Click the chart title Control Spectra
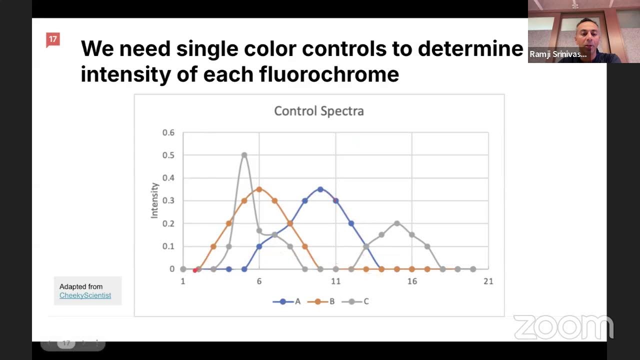tap(318, 111)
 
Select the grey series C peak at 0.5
tap(244, 155)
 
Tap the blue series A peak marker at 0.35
tap(320, 189)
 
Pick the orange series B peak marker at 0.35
tap(259, 189)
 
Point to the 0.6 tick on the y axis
tap(168, 132)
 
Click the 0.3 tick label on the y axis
tap(168, 201)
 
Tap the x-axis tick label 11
tap(335, 281)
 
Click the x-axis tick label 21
tap(488, 281)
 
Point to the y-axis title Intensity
tap(154, 200)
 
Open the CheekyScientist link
tap(85, 295)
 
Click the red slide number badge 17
tap(52, 39)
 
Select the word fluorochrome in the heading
tap(329, 74)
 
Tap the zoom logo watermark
tap(563, 327)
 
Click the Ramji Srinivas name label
tap(558, 54)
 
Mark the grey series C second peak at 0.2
tap(397, 223)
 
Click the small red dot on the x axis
tap(195, 270)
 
